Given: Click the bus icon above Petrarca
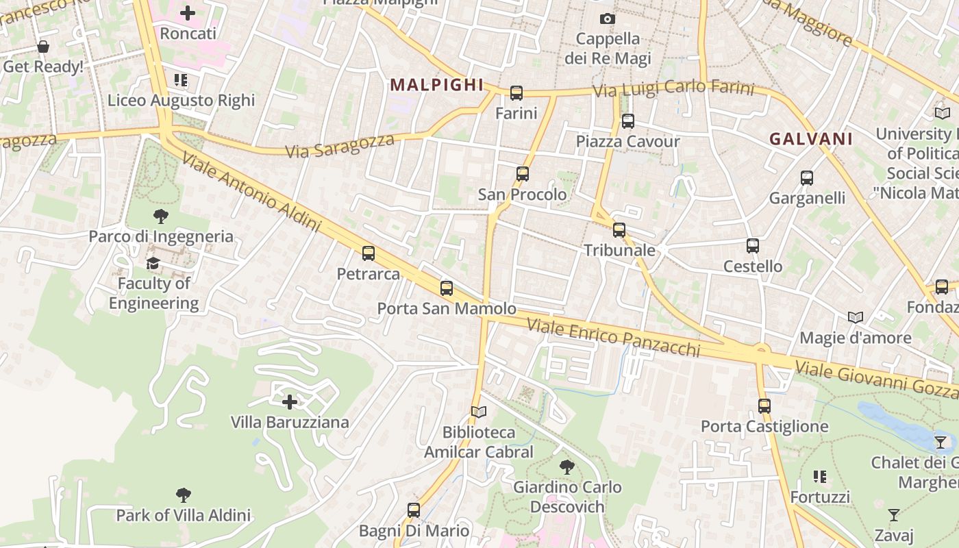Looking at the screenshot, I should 369,253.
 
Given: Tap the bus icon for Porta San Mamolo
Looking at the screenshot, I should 447,288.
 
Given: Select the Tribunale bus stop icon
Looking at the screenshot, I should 619,230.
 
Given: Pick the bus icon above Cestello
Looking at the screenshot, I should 753,246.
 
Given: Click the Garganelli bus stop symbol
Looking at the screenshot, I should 807,178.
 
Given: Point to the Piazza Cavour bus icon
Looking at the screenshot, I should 627,121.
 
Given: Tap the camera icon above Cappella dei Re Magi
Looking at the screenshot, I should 607,18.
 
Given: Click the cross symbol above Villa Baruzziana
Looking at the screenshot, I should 290,401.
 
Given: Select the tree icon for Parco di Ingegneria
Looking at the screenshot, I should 161,216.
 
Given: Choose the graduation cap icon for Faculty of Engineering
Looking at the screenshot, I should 153,263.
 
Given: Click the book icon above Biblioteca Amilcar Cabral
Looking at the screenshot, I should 479,412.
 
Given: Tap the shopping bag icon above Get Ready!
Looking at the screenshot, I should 43,47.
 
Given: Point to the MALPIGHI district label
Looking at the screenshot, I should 437,85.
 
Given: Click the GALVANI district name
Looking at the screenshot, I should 811,139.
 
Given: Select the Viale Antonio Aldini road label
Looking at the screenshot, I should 251,193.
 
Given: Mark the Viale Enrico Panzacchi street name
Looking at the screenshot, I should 613,338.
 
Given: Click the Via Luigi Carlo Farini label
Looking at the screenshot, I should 673,90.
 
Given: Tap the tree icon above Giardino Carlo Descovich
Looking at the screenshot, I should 566,467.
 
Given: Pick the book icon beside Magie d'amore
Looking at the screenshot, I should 856,317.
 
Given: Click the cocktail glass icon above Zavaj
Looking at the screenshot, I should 894,514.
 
